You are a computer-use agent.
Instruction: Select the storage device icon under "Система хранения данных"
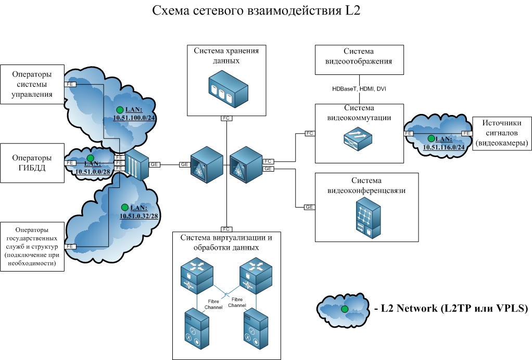point(226,90)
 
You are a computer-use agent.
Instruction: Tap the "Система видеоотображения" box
point(359,60)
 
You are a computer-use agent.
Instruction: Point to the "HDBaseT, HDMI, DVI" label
point(359,89)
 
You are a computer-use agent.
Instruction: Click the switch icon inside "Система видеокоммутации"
point(359,139)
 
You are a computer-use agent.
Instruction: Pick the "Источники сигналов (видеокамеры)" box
point(501,133)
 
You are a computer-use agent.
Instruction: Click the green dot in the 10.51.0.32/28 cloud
point(124,207)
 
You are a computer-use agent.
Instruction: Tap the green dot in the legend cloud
point(344,310)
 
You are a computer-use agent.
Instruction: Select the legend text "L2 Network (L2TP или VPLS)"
point(451,308)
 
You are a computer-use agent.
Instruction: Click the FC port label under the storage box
point(226,118)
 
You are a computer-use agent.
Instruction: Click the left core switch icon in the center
point(206,164)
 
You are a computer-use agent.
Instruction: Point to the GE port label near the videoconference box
point(310,207)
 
